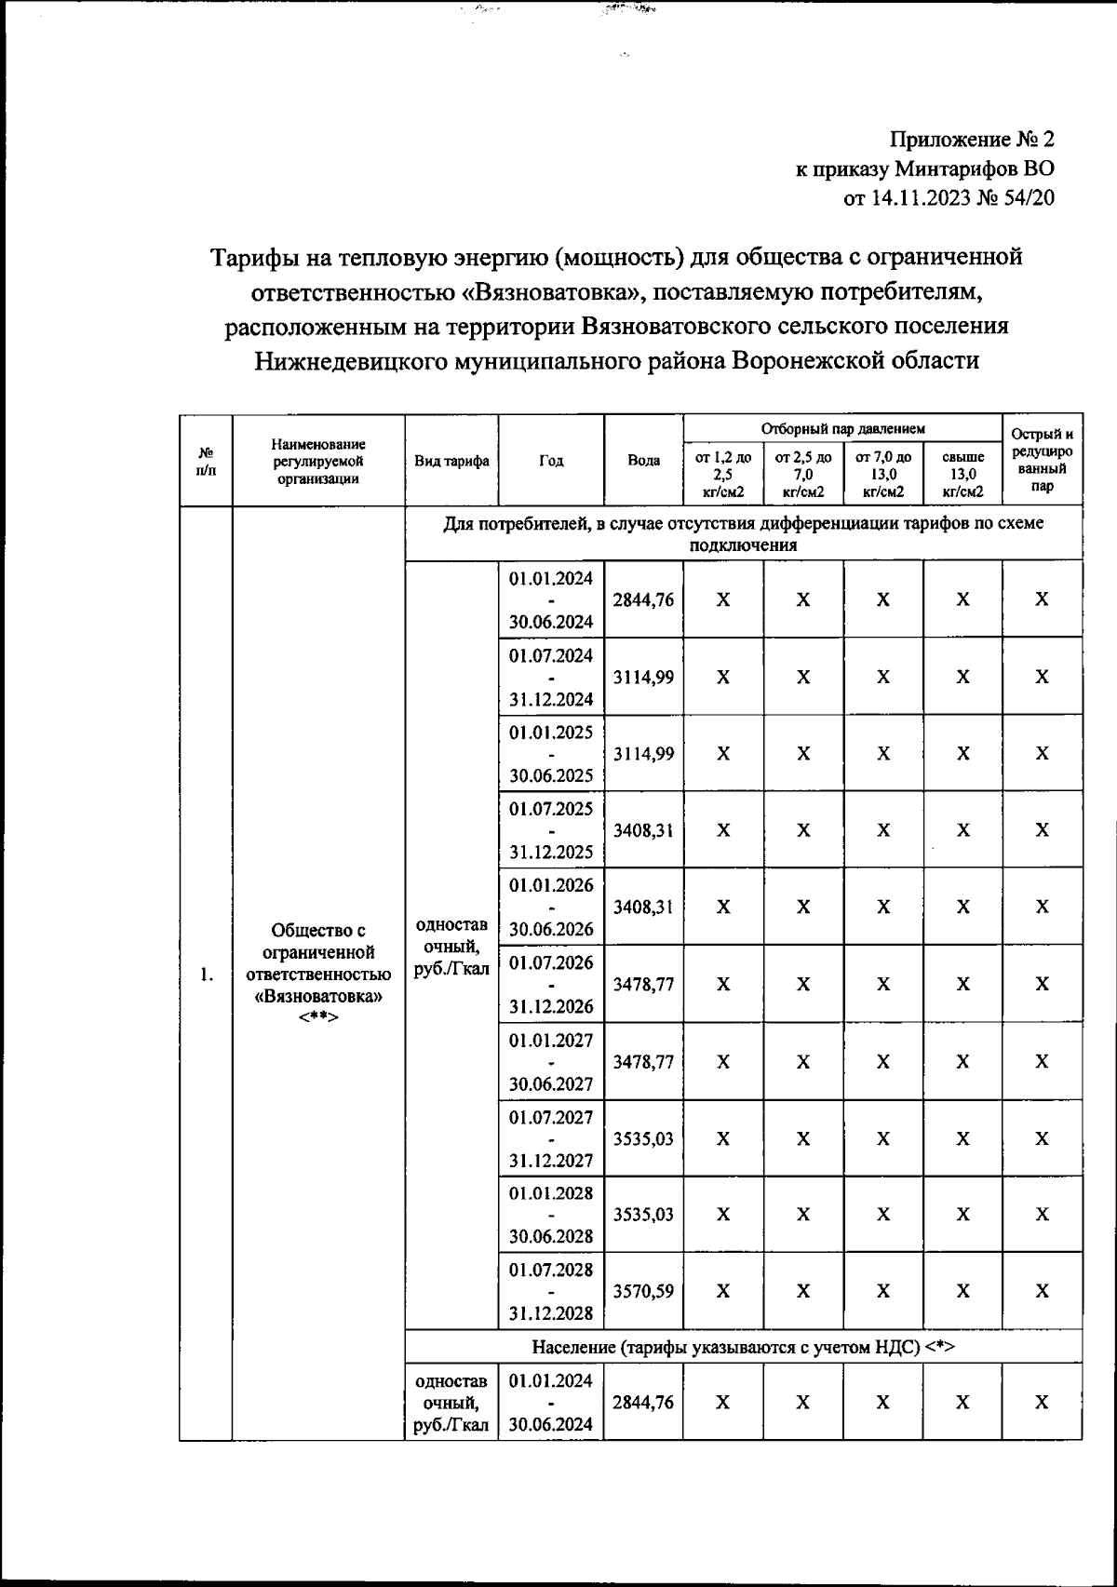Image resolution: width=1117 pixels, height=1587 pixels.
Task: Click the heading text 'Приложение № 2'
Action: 973,140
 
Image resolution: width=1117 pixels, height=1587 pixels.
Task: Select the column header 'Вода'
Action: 643,461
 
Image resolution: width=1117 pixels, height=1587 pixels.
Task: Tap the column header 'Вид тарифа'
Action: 452,461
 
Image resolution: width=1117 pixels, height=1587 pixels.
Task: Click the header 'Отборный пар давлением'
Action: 842,429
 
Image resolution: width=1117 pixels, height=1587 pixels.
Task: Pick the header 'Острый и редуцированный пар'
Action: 1042,460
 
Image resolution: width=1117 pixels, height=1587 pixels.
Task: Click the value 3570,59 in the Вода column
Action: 643,1291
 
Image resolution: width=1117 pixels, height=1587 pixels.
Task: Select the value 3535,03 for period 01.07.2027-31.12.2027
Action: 643,1138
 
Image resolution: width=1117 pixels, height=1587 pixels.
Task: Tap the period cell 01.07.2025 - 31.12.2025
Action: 551,829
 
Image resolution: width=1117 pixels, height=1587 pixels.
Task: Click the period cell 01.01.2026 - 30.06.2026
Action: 551,907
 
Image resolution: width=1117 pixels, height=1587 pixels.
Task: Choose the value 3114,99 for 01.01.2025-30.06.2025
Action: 643,753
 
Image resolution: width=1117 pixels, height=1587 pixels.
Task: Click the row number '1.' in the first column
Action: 206,975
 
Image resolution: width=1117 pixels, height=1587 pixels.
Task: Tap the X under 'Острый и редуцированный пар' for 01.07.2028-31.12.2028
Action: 1042,1291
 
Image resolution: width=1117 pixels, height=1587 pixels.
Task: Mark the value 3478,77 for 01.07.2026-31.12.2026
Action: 643,984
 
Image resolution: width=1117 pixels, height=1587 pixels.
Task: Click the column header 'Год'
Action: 551,461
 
